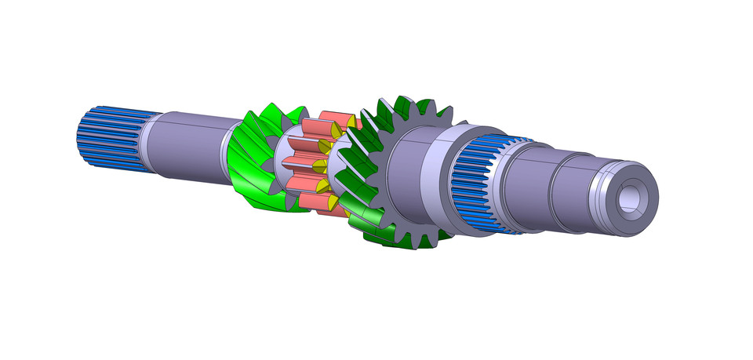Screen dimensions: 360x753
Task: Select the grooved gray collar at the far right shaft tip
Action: click(x=604, y=196)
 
